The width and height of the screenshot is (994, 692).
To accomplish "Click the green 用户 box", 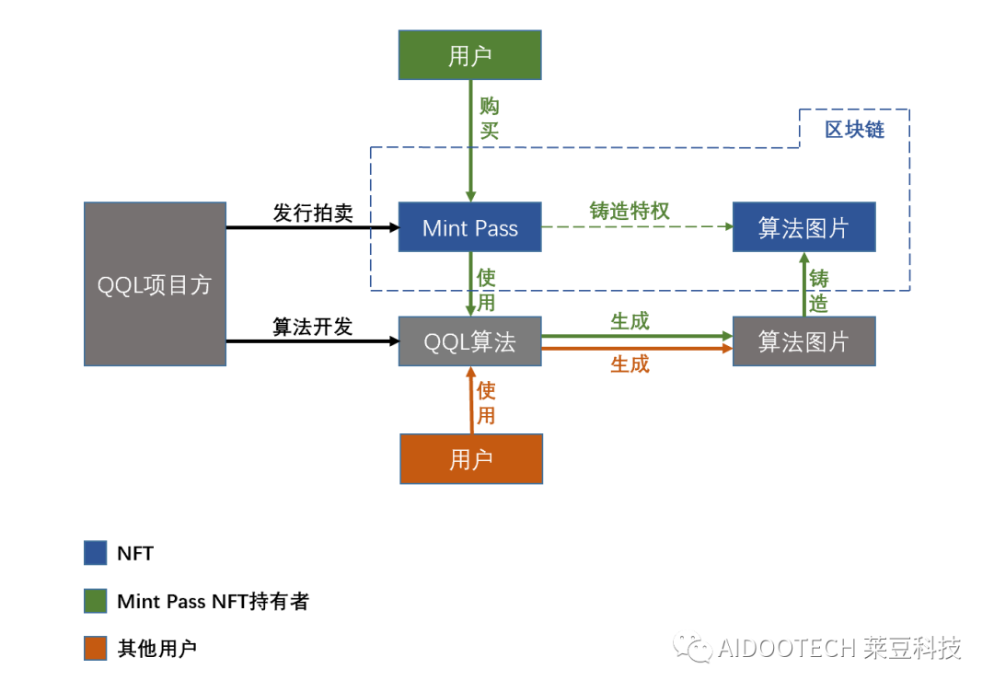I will coord(469,55).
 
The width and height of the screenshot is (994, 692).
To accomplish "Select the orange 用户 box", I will coord(471,458).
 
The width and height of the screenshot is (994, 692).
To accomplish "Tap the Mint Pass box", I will coord(469,227).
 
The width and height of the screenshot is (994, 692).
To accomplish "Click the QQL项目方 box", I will coord(155,284).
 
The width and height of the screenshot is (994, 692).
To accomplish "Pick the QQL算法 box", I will coord(469,341).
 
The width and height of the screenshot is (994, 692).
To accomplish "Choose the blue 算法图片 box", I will coord(803,227).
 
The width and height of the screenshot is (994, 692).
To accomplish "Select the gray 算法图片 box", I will coord(803,341).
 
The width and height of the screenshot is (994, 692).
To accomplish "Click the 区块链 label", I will coord(854,130).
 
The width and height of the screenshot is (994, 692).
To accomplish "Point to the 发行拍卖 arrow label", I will coord(313,213).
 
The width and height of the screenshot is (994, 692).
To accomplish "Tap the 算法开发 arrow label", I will coord(313,327).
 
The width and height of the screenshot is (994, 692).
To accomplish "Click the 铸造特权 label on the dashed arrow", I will coord(630,211).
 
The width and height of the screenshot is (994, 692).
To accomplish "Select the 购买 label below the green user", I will coord(490,119).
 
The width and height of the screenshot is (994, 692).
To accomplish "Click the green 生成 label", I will coord(630,321).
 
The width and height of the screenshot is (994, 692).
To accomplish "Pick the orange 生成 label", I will coord(630,364).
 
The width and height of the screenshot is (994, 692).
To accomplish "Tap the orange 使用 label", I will coord(486,403).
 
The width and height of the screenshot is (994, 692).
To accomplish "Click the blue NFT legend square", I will coord(96,553).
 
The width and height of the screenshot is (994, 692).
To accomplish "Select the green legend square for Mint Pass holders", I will coord(96,602).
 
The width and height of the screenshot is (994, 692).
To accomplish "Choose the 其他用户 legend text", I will coord(157,649).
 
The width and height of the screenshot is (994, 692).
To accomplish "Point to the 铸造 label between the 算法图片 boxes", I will coord(818,291).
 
